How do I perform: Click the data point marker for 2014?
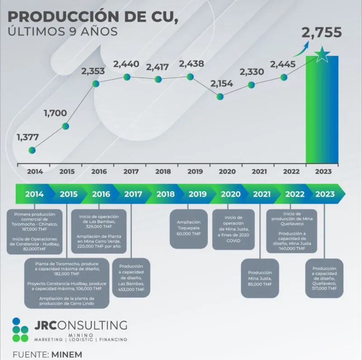click(x=32, y=150)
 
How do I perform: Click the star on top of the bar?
click(x=322, y=55)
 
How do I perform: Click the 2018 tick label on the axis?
click(x=163, y=172)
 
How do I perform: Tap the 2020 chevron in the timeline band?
click(x=231, y=194)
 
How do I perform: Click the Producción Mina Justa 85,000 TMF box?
click(x=260, y=279)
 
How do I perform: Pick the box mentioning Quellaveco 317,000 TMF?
click(x=324, y=278)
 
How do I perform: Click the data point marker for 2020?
click(x=220, y=97)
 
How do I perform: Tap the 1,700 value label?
click(x=55, y=113)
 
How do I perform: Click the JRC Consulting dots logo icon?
click(x=20, y=330)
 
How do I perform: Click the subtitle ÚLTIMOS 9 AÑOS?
click(x=63, y=32)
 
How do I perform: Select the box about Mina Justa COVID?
click(x=233, y=229)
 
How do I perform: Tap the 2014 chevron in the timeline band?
click(x=34, y=194)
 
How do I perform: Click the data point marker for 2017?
click(x=127, y=77)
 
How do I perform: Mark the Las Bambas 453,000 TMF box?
click(x=131, y=278)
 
